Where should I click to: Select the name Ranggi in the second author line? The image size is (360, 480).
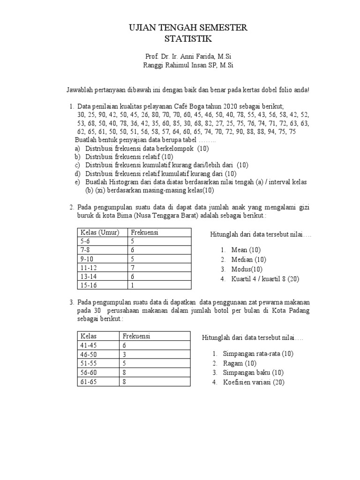coord(154,66)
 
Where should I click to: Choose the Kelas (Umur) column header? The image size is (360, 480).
coord(100,232)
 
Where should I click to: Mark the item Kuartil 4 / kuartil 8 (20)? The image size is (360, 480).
coord(265,278)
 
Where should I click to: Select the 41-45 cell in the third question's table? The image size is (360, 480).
coord(89,345)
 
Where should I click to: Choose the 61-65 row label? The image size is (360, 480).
coord(89,382)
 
